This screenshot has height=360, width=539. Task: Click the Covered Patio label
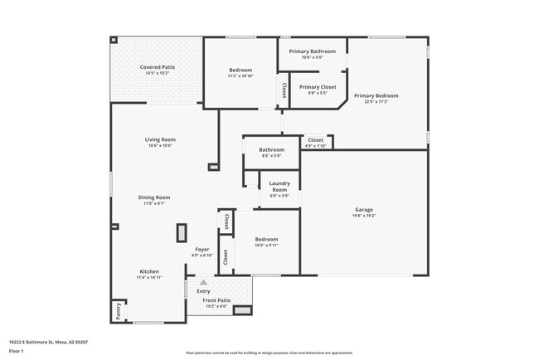tap(157, 66)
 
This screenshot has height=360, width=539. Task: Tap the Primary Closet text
tap(318, 86)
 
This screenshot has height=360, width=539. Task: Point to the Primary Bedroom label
tap(376, 96)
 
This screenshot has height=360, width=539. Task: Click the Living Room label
tap(160, 139)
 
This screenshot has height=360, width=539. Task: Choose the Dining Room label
tap(154, 197)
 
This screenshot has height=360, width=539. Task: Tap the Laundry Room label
tap(279, 187)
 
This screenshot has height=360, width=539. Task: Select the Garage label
tap(364, 209)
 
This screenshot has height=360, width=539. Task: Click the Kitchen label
tap(149, 272)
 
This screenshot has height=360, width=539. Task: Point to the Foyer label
tap(202, 250)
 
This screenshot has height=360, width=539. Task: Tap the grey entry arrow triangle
tap(203, 283)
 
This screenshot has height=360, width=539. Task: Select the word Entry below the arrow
tap(203, 291)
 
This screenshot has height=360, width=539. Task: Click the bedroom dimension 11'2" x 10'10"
tap(240, 75)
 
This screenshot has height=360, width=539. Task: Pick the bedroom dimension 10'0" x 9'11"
tap(267, 246)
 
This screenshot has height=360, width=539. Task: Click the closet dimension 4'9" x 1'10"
tap(315, 146)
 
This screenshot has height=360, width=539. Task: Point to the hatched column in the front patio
tap(241, 310)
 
